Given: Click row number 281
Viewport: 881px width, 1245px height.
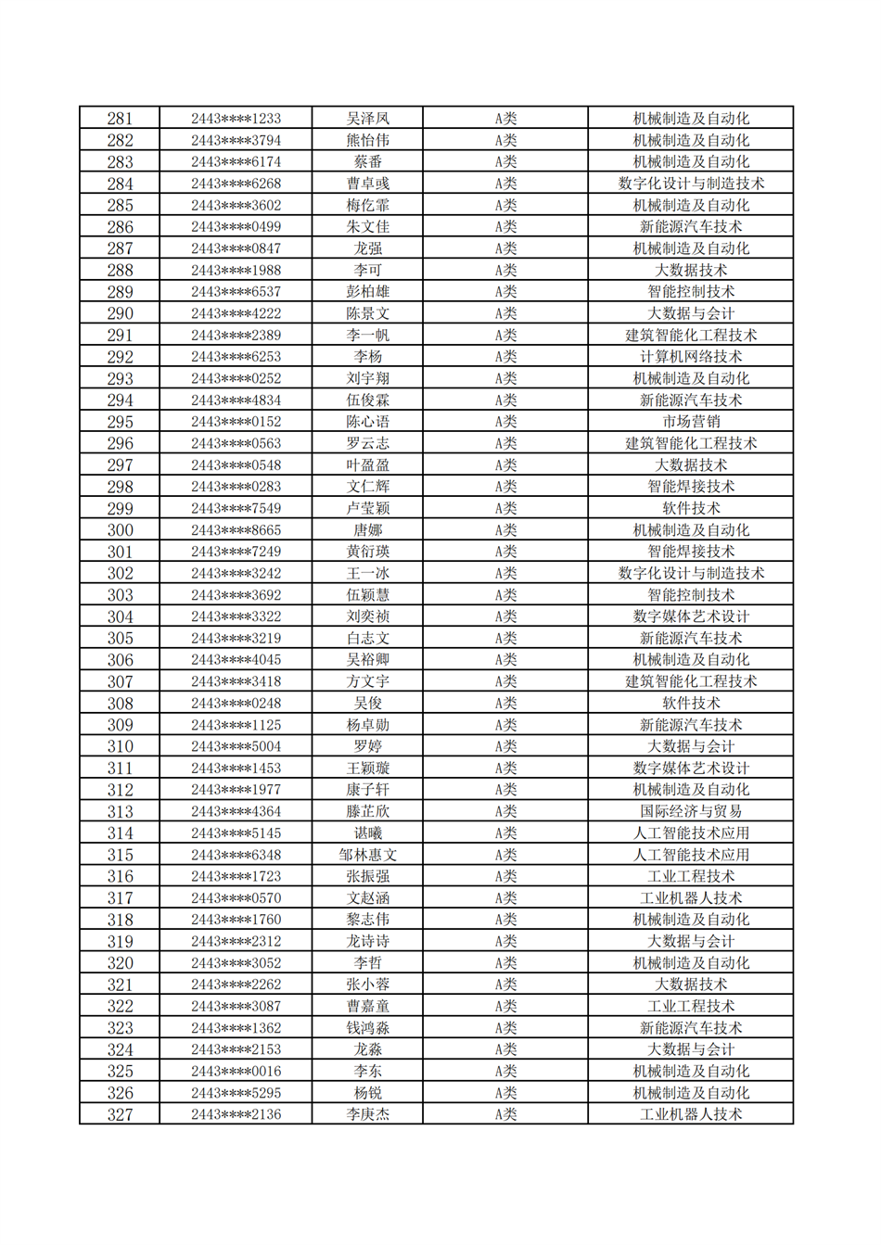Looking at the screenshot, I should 120,119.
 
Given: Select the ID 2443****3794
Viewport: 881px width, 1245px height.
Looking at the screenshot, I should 236,141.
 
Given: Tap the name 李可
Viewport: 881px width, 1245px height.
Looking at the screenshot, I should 367,271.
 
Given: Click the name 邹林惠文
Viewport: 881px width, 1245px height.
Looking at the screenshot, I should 367,855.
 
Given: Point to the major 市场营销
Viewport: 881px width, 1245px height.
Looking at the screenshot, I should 690,422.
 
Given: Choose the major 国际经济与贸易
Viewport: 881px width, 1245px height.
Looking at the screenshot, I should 690,811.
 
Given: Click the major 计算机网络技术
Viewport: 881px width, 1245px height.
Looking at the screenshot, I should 690,357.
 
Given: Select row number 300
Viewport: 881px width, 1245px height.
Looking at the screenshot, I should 120,530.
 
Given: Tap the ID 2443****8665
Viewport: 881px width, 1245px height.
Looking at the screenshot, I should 236,530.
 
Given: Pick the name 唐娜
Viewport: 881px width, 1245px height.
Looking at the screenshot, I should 367,530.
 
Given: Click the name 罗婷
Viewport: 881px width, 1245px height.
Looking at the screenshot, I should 367,746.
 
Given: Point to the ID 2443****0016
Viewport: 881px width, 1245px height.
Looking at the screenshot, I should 236,1071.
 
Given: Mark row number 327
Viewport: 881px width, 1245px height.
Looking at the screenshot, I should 120,1114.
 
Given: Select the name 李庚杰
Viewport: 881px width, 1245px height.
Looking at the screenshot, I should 367,1114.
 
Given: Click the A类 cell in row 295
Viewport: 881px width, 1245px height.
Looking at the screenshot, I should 504,422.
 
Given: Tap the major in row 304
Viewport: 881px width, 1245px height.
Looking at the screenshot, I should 690,616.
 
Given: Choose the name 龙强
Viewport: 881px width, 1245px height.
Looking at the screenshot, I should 367,248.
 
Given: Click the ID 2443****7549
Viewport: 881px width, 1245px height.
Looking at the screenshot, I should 236,509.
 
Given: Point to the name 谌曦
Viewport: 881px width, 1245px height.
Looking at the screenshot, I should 367,833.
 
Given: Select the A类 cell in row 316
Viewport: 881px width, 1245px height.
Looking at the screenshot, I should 504,876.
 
